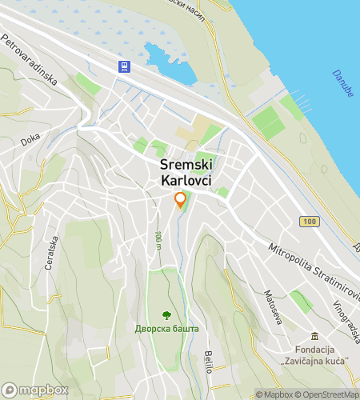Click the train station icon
pos(125,66)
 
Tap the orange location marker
pos(180,200)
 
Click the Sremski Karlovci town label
pos(180,173)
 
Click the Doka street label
pos(30,138)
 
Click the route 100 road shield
pos(310,220)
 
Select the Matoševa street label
pos(268,306)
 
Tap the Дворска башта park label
pos(166,328)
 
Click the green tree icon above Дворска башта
pos(166,314)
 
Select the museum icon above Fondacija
pos(315,335)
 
